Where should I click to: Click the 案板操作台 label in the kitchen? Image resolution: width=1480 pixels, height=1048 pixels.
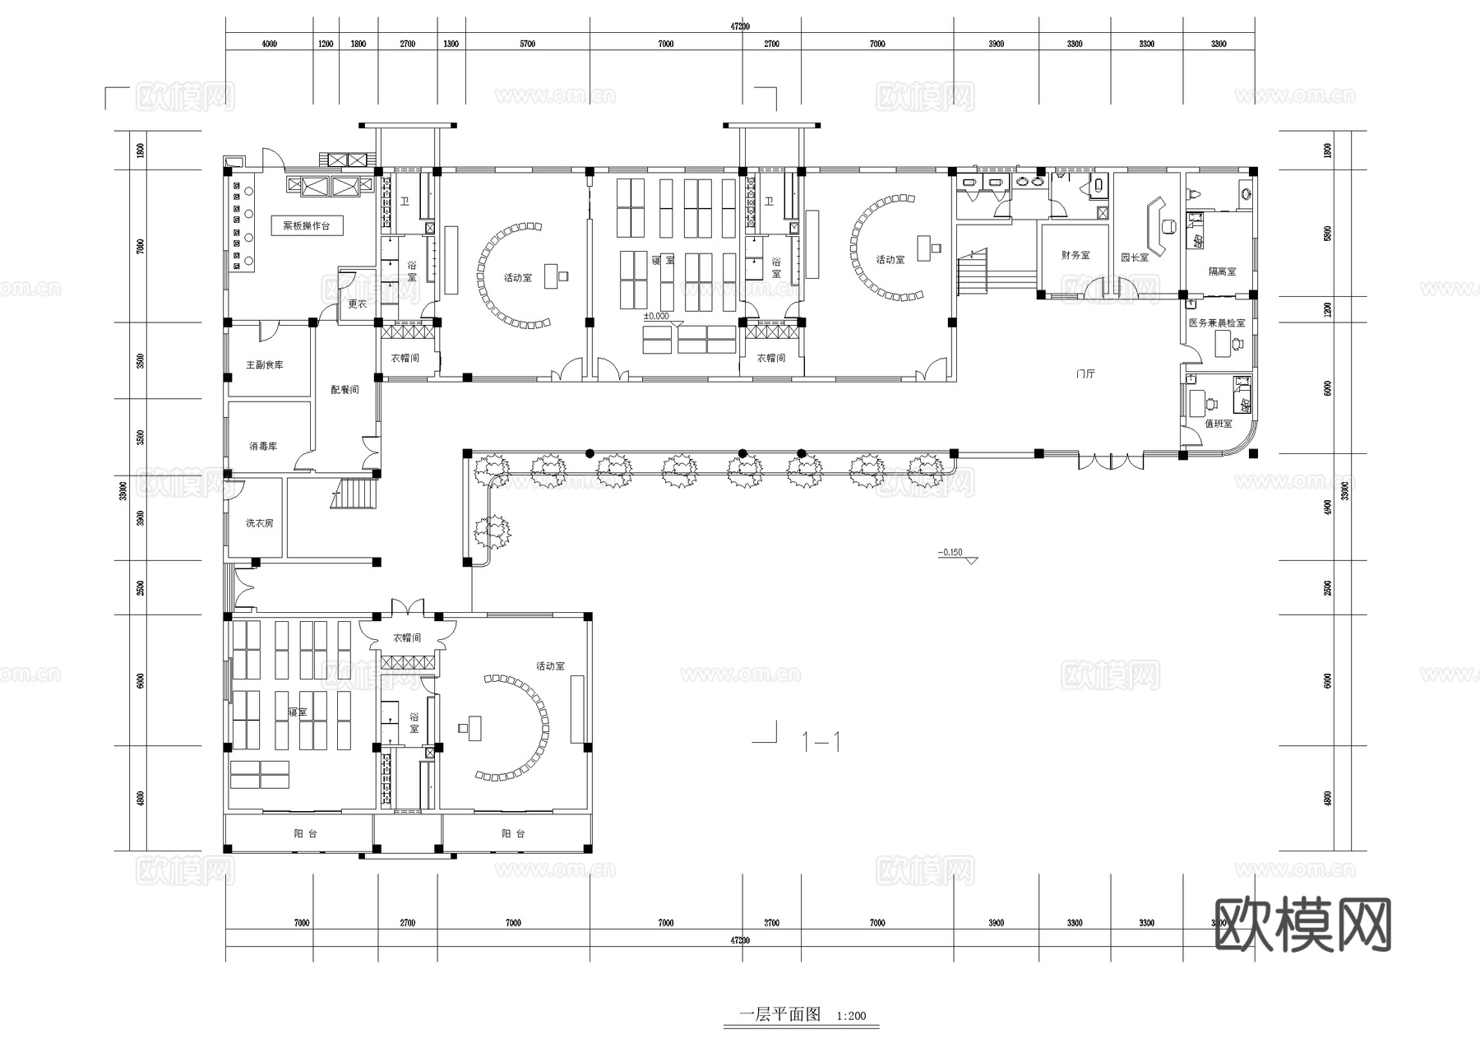coord(306,225)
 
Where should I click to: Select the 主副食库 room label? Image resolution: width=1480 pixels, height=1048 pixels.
coord(264,364)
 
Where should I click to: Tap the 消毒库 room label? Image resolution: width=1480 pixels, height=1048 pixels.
coord(263,446)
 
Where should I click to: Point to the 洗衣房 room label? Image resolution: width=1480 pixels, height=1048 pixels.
coord(259,523)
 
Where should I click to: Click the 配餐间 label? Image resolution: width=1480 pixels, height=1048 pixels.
coord(345,389)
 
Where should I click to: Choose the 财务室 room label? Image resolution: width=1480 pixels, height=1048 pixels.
coord(1075,256)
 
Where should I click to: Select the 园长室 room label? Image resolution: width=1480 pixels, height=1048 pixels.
coord(1135,257)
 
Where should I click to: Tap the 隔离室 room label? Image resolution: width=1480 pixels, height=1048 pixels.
coord(1222,271)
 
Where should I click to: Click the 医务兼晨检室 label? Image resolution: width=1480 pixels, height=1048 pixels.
coord(1217,323)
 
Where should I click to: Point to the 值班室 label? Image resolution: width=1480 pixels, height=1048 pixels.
coord(1219,424)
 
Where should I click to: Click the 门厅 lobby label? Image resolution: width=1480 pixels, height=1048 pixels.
coord(1085,374)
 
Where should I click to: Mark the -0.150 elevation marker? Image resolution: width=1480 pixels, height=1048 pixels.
coord(950,553)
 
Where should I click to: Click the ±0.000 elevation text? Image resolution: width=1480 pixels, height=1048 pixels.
coord(656,316)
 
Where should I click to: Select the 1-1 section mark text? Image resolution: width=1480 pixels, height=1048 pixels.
coord(821,743)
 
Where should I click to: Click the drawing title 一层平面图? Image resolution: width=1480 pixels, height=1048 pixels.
coord(780,1014)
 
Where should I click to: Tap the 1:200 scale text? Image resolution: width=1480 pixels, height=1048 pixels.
coord(851,1016)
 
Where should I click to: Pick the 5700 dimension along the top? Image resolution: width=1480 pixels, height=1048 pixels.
coord(527,44)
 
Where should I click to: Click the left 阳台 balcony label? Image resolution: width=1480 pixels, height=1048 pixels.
coord(305,833)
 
